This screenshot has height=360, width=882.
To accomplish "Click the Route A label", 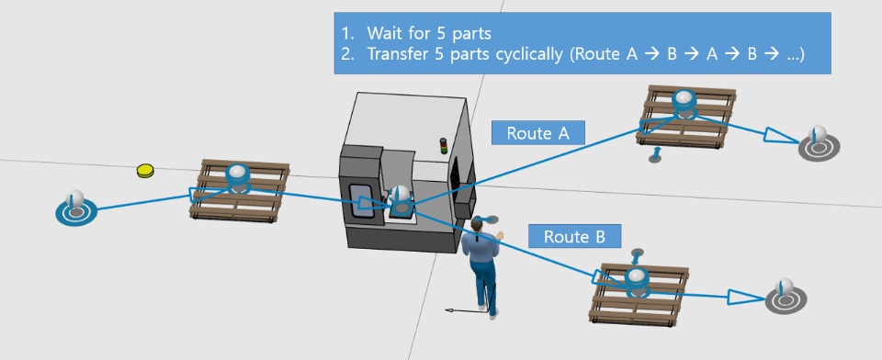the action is (537, 133).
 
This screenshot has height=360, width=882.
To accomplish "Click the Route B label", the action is (574, 236).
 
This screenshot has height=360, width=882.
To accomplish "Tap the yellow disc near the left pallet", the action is (145, 171).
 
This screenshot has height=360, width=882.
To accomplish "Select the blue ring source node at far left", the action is (76, 212).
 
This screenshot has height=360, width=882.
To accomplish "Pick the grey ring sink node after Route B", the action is (786, 299).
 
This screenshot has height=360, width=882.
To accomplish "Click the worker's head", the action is (478, 226).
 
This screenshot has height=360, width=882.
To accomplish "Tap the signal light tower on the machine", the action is (443, 146).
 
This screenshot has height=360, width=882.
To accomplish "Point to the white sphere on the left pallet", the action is (238, 173).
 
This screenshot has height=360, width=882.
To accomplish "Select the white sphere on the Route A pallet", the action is (684, 97).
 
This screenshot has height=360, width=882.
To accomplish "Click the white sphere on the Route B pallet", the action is (638, 276).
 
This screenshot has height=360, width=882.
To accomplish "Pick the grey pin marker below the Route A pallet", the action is (655, 155).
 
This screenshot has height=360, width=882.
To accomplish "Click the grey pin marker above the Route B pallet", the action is (638, 256).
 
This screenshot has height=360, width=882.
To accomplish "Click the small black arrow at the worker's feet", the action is (462, 309).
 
